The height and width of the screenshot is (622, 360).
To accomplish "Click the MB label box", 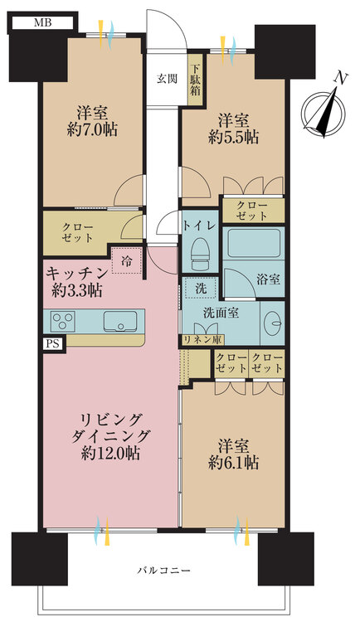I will pos(43,23).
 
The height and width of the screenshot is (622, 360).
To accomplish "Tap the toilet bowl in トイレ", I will pos(200,250).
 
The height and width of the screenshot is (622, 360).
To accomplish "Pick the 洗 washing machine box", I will pos(202,289).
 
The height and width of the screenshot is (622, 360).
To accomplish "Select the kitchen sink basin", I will pos(121,320).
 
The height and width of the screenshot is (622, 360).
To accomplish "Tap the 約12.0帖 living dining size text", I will pos(110,454).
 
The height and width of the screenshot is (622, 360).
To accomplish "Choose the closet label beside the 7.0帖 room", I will pos(78,231).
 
